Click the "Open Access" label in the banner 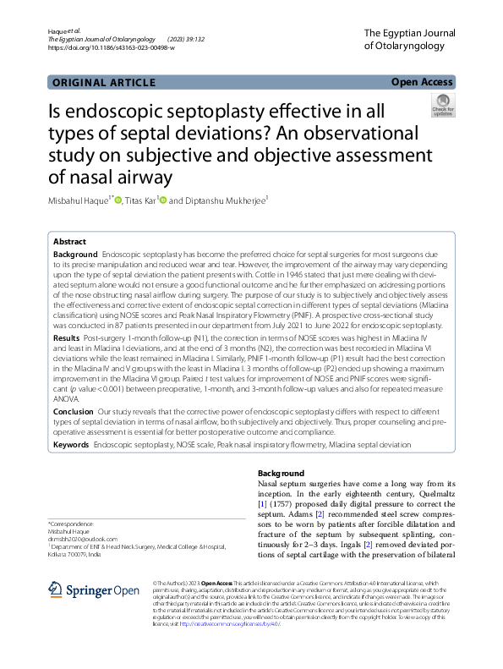[422, 82]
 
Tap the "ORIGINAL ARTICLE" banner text [104, 82]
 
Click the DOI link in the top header [112, 48]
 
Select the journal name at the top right [408, 39]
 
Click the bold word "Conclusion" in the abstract [74, 411]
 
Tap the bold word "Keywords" [71, 443]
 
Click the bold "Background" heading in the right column [281, 473]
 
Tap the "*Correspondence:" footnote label [72, 524]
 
